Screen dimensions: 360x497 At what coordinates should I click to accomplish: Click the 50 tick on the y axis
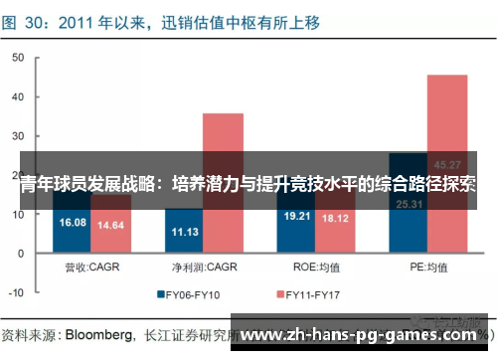coord(19,58)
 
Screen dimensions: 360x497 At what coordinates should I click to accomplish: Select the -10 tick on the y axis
coord(17,293)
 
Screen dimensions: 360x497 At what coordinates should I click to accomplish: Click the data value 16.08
coord(74,223)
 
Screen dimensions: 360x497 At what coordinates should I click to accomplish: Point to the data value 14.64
coord(111,226)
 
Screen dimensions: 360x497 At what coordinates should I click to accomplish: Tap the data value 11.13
coord(185,232)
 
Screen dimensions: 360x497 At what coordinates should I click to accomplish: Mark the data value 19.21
coord(296,216)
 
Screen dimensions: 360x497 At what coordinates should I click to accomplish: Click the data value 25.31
coord(408,205)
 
